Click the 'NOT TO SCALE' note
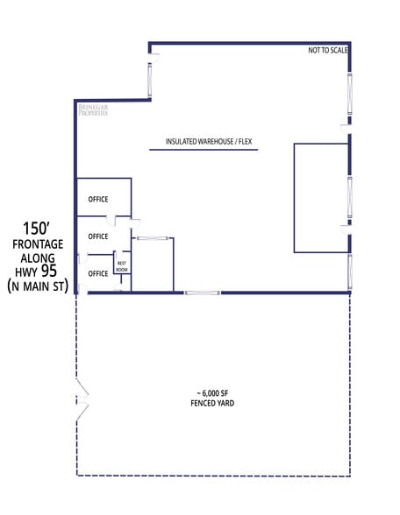[328, 51]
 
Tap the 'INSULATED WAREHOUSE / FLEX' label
[204, 142]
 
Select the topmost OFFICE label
[98, 199]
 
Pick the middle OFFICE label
[98, 236]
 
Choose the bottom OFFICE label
[98, 273]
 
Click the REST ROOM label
[122, 265]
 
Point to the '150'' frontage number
[38, 228]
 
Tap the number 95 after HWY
[49, 271]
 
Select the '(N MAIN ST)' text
[38, 286]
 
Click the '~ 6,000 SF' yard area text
[213, 393]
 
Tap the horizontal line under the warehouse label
[204, 152]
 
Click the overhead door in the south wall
[202, 293]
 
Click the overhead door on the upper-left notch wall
[154, 77]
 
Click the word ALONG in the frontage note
[38, 257]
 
